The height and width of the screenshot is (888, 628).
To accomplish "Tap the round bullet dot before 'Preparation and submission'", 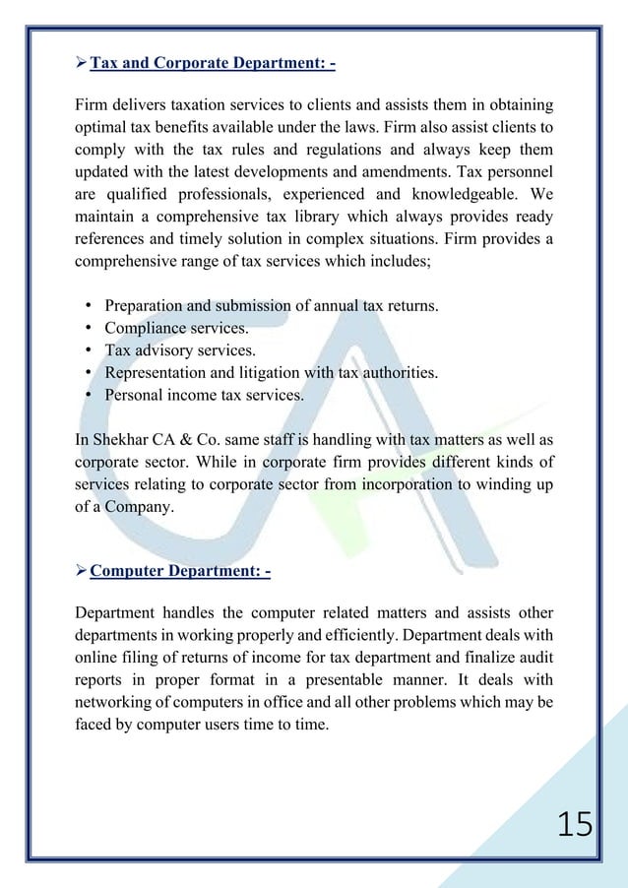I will [x=89, y=306].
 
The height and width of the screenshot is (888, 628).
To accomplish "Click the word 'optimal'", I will [x=102, y=129].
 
